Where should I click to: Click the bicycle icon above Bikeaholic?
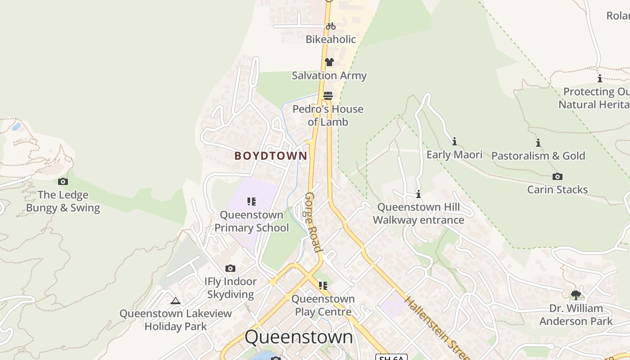coord(331,26)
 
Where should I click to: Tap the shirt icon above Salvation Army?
coord(329,62)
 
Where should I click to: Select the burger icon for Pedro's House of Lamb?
coord(328,95)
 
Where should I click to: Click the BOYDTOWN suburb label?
coord(271,156)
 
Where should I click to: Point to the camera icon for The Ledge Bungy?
coord(63,181)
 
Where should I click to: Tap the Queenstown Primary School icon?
coord(252,201)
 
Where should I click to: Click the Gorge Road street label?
coord(314,222)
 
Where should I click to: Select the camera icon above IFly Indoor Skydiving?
coord(230,268)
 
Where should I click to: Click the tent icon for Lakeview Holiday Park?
coord(175,301)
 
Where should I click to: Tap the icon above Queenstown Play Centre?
coord(323,285)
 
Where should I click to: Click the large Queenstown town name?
coord(299,337)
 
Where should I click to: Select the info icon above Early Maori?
coord(454,141)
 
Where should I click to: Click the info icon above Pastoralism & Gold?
coord(538,143)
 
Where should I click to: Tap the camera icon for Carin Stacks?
coord(558,176)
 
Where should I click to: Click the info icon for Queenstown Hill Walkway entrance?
coord(418,194)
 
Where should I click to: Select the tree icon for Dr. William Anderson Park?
coord(576,295)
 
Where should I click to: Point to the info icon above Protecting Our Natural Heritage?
coord(599,78)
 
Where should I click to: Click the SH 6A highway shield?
coord(391,357)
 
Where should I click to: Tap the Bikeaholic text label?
coord(331,39)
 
